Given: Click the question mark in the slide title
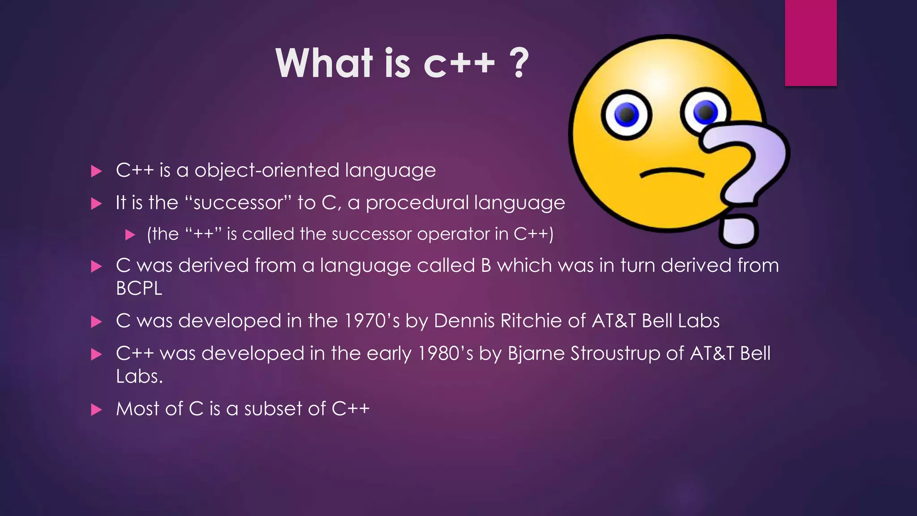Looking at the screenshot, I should (519, 63).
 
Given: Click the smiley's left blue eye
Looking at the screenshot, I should (626, 114).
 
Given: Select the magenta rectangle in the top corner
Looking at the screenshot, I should (810, 43).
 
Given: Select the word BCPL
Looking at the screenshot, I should (139, 288).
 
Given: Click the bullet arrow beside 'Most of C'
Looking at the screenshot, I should (96, 409).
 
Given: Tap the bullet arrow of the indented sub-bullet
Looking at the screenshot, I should (130, 235).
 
